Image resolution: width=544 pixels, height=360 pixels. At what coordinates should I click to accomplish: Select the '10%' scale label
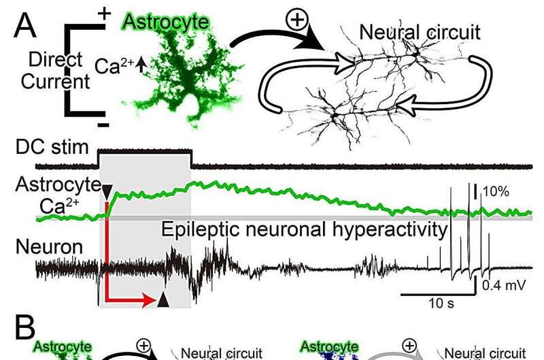pyautogui.click(x=496, y=192)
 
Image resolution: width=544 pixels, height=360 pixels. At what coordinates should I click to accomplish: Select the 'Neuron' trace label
pyautogui.click(x=60, y=248)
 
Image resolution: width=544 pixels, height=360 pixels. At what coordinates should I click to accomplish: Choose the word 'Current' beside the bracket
pyautogui.click(x=46, y=82)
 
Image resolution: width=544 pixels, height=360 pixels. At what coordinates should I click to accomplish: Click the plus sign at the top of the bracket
pyautogui.click(x=104, y=12)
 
